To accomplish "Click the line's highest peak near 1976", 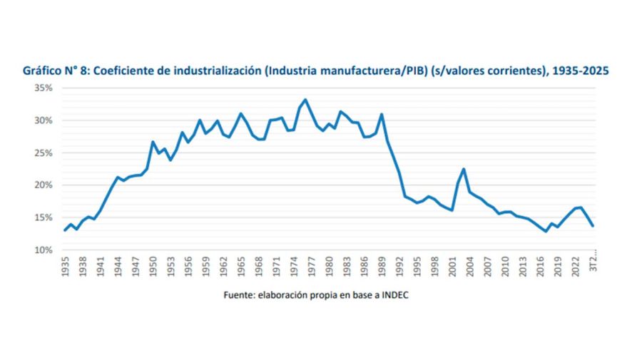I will [305, 100].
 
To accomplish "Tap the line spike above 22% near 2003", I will [464, 169].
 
